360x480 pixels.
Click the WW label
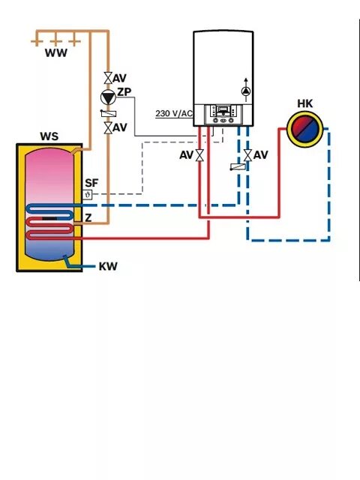click(55, 53)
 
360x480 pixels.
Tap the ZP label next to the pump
click(125, 92)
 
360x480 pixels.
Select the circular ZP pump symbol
click(109, 97)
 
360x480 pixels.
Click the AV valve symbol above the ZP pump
click(109, 77)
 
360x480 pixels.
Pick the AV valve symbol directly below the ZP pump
click(109, 128)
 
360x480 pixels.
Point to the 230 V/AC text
click(174, 114)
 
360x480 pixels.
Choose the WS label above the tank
click(49, 137)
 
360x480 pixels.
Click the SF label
click(91, 183)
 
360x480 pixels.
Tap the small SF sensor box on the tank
click(88, 195)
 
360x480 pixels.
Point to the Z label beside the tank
click(88, 217)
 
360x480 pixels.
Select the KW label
click(108, 266)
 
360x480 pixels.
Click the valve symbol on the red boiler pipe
click(200, 156)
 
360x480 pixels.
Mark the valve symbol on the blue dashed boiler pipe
click(247, 156)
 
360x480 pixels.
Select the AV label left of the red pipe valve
click(186, 155)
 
